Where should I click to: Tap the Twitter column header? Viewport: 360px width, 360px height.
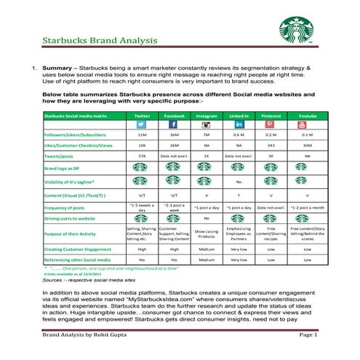click(x=142, y=115)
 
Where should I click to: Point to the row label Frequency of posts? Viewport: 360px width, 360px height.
click(x=68, y=207)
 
